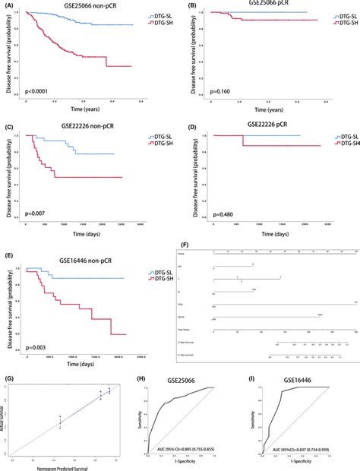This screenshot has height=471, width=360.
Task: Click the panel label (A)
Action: pos(10,5)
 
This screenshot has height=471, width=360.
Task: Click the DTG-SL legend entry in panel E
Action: pos(157,263)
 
